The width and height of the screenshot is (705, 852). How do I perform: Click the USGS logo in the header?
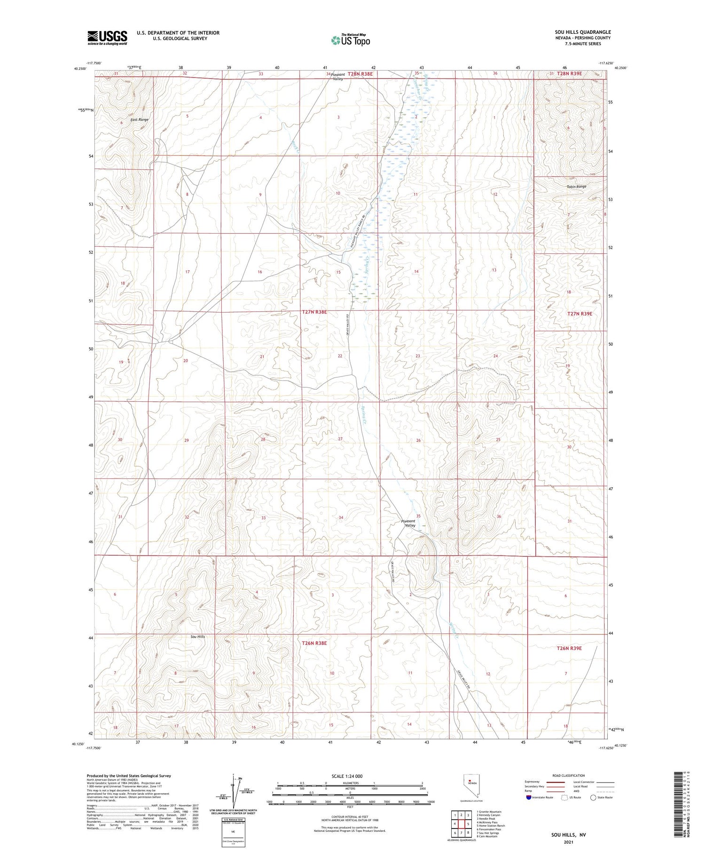(x=107, y=38)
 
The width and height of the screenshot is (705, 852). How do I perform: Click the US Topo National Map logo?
(x=350, y=40)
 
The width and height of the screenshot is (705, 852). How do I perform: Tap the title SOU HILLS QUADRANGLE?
(x=582, y=32)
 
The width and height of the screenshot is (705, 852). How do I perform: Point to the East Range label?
(x=140, y=120)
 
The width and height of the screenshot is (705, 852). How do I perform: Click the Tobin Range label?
(x=576, y=187)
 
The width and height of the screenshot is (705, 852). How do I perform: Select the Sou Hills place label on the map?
(x=197, y=637)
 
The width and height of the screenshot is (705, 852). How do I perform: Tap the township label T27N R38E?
(x=314, y=312)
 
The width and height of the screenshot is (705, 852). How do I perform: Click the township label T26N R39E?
(x=569, y=648)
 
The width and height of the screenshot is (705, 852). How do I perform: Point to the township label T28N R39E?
(x=570, y=73)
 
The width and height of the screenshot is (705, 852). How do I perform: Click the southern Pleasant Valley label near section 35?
(x=408, y=523)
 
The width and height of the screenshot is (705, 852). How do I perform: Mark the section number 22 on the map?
(x=340, y=356)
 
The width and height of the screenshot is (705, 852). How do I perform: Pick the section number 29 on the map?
(x=187, y=440)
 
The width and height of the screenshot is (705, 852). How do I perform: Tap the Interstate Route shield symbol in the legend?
(x=528, y=797)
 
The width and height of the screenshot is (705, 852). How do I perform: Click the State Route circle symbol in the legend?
(x=593, y=797)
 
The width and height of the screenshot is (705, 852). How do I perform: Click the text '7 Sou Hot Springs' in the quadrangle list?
(x=488, y=833)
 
